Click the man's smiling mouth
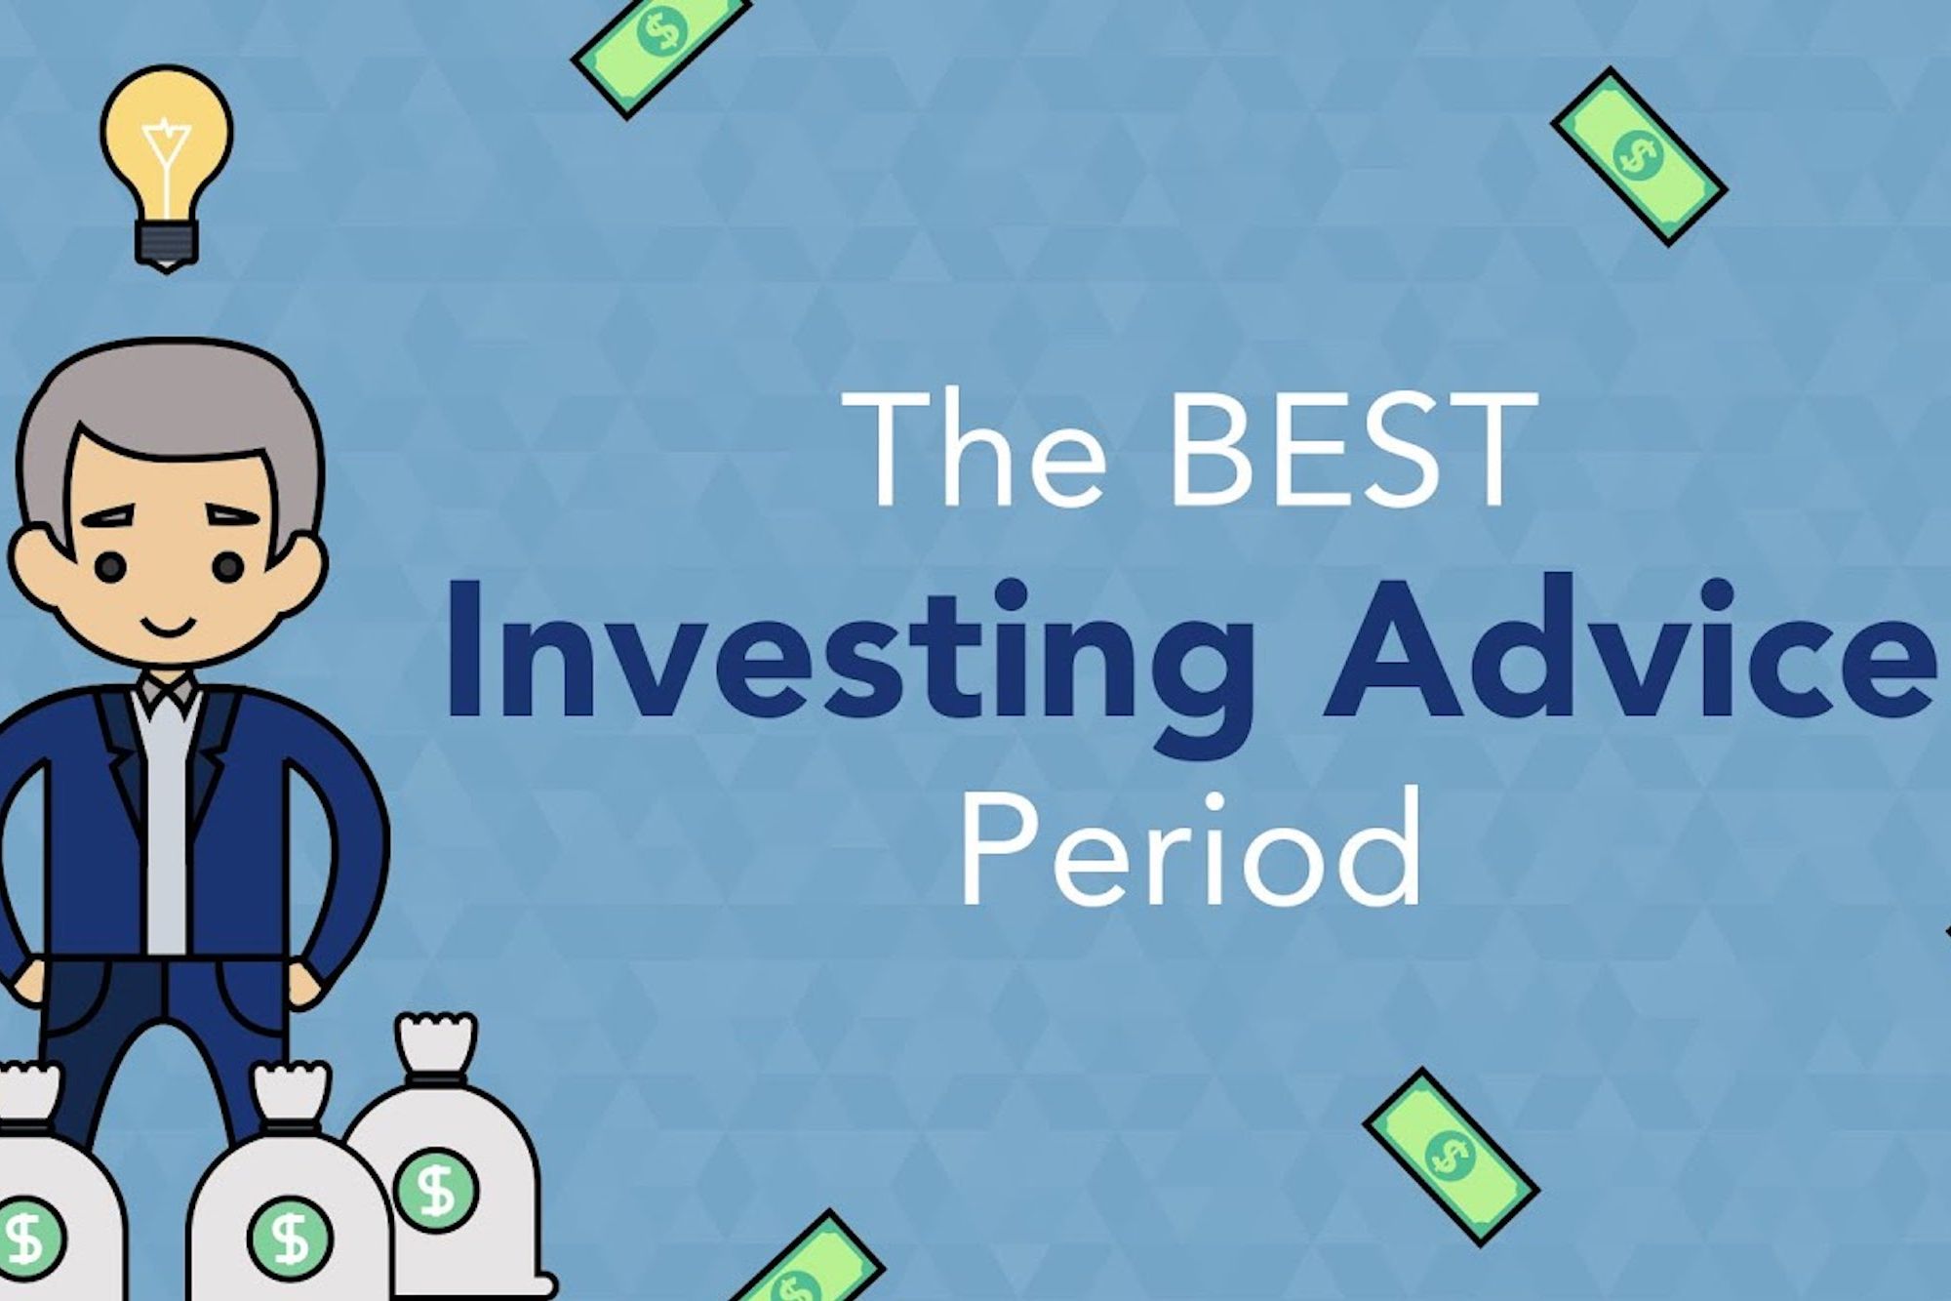(x=167, y=626)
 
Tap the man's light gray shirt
(x=167, y=810)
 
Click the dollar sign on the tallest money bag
(x=436, y=1190)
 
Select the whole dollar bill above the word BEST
(x=1639, y=156)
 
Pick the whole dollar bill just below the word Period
(x=1451, y=1157)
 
